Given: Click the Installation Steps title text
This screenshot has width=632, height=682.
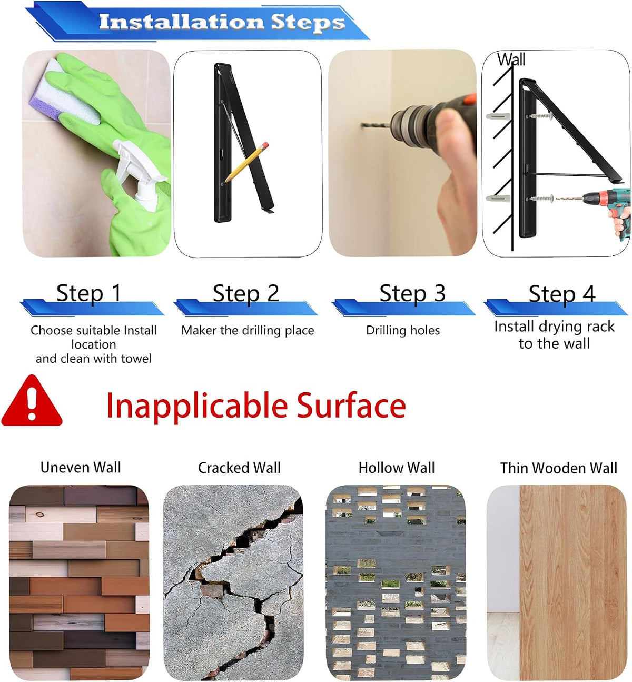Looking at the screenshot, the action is point(222,22).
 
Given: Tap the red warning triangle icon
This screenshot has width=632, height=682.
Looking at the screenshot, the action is point(32,401).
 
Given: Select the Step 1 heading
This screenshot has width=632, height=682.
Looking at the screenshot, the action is point(89,294).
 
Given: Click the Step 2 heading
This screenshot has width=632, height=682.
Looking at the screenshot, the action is point(246,294).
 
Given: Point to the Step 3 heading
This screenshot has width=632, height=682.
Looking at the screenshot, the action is point(412,294).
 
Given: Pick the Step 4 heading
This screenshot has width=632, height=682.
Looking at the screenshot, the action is point(561,294).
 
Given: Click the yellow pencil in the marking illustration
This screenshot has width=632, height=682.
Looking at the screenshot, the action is point(246,162).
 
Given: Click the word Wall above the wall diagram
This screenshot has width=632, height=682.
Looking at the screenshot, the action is point(511,60).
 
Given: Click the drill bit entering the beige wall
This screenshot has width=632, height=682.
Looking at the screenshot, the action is point(377,125).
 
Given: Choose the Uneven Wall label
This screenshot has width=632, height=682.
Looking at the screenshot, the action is point(81,468).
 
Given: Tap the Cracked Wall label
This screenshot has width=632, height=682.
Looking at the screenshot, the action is point(240,468).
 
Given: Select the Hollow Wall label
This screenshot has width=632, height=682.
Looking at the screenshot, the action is point(397,468).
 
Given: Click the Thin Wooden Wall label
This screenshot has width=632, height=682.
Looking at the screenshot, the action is point(559,468).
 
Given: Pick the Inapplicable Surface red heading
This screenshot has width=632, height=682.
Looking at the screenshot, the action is point(256,406).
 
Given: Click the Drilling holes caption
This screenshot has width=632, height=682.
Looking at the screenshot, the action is point(403,330).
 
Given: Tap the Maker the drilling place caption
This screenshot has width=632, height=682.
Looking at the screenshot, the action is point(248,330).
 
